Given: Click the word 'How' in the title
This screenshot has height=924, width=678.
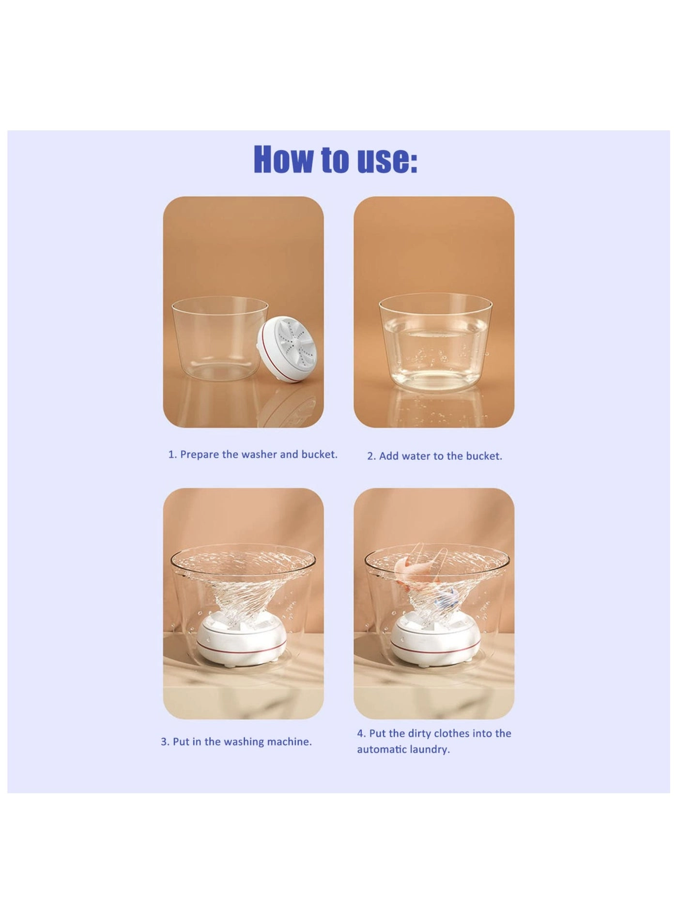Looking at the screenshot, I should pos(283,159).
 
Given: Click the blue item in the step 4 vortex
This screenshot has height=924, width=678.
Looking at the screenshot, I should pos(445,603).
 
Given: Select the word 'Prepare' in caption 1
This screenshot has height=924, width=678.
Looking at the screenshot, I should pos(200,455).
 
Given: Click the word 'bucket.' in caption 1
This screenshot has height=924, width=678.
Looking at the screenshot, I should pos(319,454).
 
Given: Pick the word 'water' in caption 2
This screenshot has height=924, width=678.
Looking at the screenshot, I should pos(424,456).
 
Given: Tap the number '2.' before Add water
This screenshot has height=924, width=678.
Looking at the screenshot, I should pos(371,456).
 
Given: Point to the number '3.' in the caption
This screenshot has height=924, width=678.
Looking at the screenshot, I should pos(165,742).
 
